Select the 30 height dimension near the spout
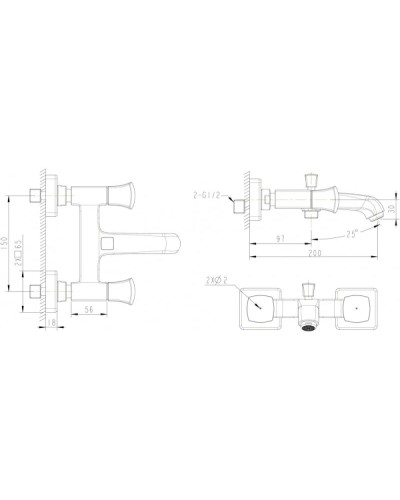(x=389, y=211)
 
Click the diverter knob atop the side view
(x=310, y=179)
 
